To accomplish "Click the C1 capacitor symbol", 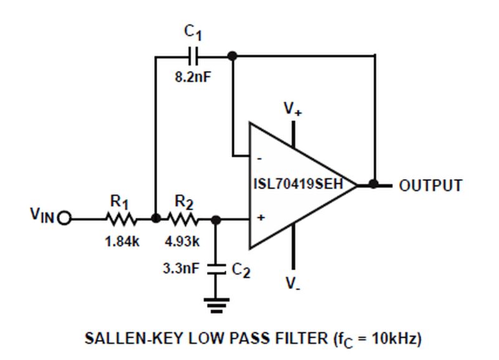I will (194, 56).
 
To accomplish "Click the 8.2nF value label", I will (192, 80).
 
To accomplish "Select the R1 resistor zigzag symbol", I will (120, 219).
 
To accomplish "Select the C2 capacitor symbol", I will (216, 269).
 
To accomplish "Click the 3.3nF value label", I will (182, 269).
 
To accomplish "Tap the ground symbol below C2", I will (216, 305).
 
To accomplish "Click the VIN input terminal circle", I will (65, 219).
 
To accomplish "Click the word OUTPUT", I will (430, 185).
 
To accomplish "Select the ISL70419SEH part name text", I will (298, 185).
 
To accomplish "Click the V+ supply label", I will (293, 109).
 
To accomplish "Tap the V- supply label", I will (293, 284).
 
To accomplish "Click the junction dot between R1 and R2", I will (155, 219).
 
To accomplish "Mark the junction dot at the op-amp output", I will (374, 184).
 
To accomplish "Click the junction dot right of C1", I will (233, 56).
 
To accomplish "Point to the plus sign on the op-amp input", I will (261, 218).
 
